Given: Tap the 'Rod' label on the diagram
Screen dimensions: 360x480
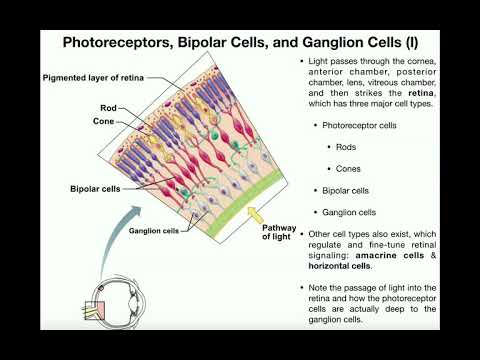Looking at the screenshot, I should (109, 107).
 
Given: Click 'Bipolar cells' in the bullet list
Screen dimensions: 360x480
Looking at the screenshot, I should (346, 190).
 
